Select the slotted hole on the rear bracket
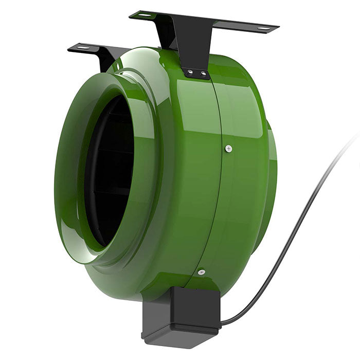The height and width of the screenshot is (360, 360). point(82,48)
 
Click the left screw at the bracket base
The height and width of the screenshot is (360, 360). point(190,72)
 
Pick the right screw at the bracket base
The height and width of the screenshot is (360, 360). point(203,74)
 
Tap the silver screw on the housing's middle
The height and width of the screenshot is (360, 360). point(228,149)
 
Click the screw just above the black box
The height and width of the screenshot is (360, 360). point(201,272)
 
